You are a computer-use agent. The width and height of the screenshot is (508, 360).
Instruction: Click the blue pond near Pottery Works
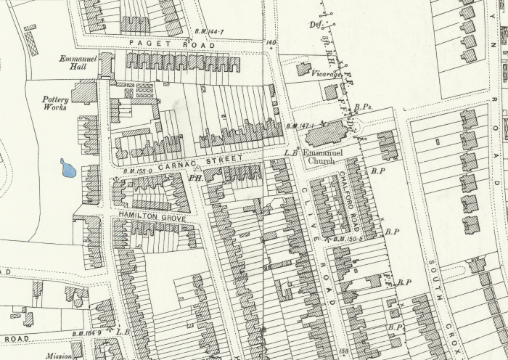coord(68,168)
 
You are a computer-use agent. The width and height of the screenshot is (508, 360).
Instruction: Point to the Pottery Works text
coord(55,103)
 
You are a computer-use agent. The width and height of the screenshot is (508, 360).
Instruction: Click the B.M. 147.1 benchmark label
coord(299,126)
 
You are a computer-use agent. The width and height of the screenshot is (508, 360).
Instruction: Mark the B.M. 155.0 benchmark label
coord(136,171)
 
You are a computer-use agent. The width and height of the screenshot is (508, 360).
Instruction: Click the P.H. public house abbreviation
coord(194,176)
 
